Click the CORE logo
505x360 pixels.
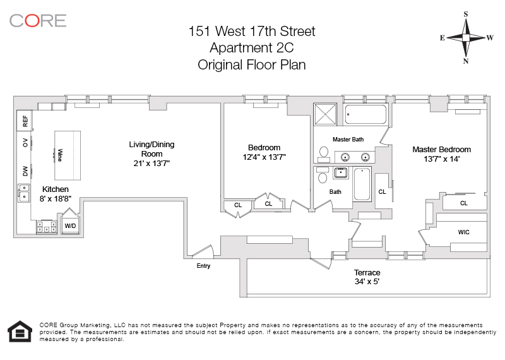pos(38,21)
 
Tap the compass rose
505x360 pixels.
pos(466,38)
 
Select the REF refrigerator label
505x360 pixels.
pos(25,121)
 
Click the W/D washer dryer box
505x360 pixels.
pos(71,225)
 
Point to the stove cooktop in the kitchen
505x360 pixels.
pos(47,227)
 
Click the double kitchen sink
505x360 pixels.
pos(24,193)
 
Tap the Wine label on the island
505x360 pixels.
pos(59,155)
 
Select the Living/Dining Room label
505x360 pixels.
pos(151,149)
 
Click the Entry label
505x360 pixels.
pos(203,265)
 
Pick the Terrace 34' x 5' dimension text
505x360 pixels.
pos(367,281)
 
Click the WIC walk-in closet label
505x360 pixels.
pos(463,232)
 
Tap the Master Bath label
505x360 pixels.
pos(348,139)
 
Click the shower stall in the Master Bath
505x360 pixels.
pos(325,114)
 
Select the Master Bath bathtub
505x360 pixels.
pos(365,114)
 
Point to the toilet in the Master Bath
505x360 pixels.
pos(324,155)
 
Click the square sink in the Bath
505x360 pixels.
pos(341,173)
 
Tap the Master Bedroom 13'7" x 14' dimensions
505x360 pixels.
pos(441,159)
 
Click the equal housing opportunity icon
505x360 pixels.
pos(20,331)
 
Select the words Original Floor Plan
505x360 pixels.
pos(251,65)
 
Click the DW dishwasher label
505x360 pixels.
pos(25,171)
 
